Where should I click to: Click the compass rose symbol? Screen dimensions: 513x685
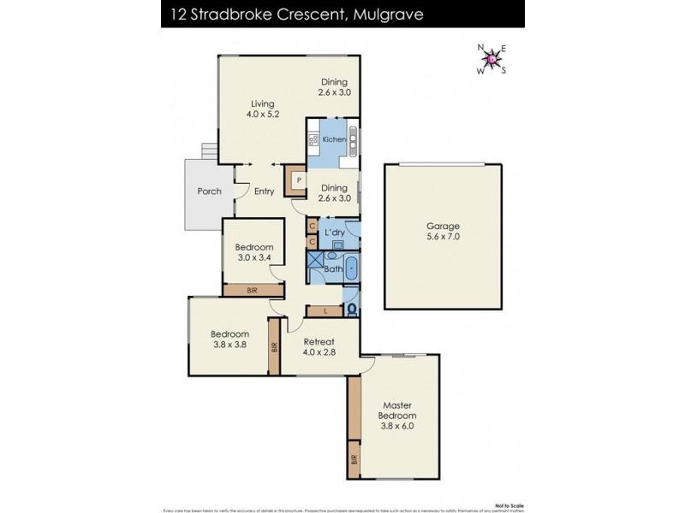[491, 59]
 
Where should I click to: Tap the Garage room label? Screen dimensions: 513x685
[443, 232]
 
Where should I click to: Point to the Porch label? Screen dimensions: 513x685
[210, 192]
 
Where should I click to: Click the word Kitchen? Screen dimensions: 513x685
[334, 139]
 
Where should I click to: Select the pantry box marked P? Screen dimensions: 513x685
[297, 180]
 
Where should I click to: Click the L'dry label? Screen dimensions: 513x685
[335, 232]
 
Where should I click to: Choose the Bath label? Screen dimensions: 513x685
[333, 270]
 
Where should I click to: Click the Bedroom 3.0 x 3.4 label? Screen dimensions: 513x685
[254, 252]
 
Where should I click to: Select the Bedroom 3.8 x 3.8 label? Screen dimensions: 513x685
[230, 339]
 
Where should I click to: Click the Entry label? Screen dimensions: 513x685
[264, 192]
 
